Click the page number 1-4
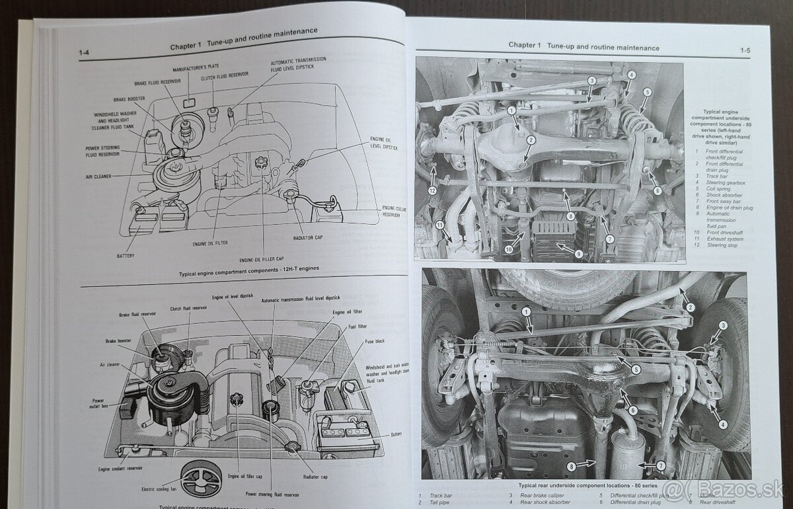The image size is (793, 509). click(85, 53)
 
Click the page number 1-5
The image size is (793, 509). click(745, 50)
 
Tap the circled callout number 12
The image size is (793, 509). click(432, 190)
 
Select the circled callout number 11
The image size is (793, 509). click(439, 225)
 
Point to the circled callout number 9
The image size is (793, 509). click(578, 253)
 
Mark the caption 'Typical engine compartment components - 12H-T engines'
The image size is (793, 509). click(239, 273)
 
